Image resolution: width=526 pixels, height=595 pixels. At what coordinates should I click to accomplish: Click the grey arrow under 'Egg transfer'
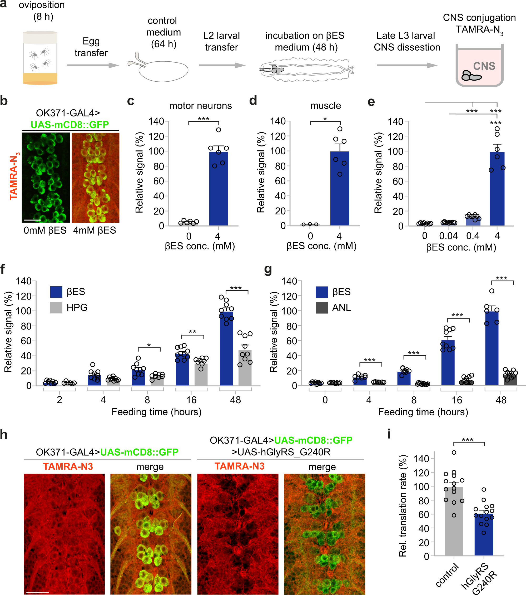93,66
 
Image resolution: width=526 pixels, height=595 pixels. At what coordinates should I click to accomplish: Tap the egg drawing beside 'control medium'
163,71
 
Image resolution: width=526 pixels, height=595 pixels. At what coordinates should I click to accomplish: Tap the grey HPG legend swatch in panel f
56,307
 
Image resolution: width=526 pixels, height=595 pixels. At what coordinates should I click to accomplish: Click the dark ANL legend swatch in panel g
322,308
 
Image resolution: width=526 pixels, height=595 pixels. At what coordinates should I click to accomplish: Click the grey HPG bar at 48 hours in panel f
245,368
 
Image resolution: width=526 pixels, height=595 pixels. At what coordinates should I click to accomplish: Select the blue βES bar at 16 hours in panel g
448,363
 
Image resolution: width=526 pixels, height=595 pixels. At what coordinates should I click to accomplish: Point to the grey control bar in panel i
454,521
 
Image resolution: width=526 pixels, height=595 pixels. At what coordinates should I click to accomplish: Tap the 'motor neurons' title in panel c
200,106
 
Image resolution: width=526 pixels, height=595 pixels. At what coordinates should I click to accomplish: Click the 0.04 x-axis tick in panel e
448,236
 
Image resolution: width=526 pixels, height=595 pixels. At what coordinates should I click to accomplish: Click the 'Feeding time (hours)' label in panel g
423,412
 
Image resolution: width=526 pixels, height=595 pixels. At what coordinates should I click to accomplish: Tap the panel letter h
4,435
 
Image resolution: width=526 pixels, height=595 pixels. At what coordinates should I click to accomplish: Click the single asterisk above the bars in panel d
325,119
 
